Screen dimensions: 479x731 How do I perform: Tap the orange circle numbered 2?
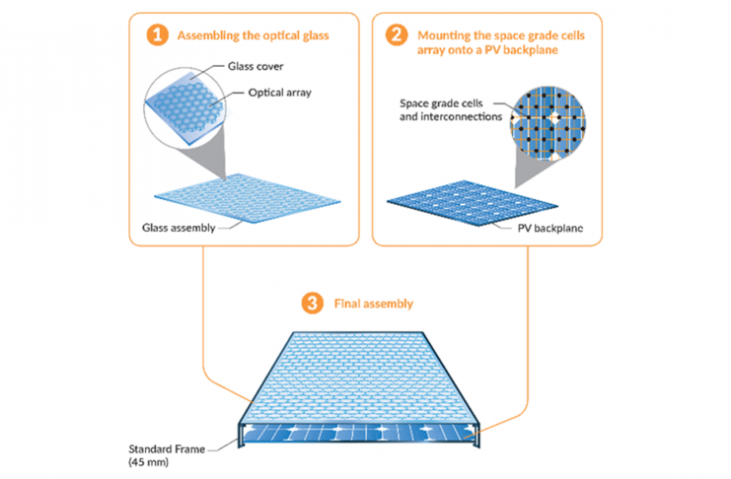click(x=396, y=36)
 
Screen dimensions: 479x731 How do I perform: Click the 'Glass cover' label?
click(x=249, y=71)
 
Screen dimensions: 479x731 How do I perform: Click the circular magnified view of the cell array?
click(x=553, y=115)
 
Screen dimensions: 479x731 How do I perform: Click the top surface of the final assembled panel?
click(x=360, y=375)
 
